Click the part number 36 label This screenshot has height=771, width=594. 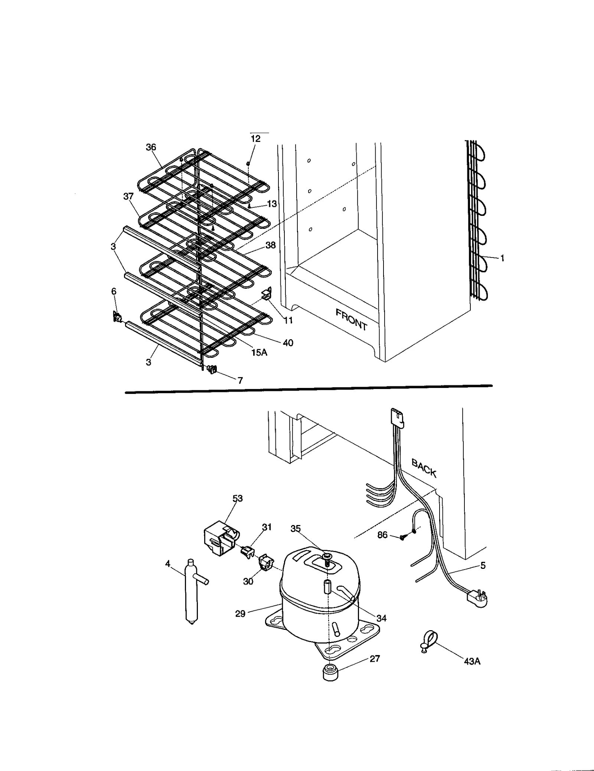pyautogui.click(x=151, y=147)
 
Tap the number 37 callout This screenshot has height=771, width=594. pyautogui.click(x=128, y=196)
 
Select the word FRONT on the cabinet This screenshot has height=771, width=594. pyautogui.click(x=351, y=319)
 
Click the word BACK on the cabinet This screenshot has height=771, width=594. pyautogui.click(x=424, y=468)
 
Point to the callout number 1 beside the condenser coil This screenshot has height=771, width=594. pyautogui.click(x=502, y=258)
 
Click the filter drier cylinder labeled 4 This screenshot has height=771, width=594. pyautogui.click(x=192, y=593)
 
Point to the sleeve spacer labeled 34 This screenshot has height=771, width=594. pyautogui.click(x=329, y=586)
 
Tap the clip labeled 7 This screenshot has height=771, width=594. pyautogui.click(x=212, y=369)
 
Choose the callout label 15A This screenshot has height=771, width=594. pyautogui.click(x=259, y=352)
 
